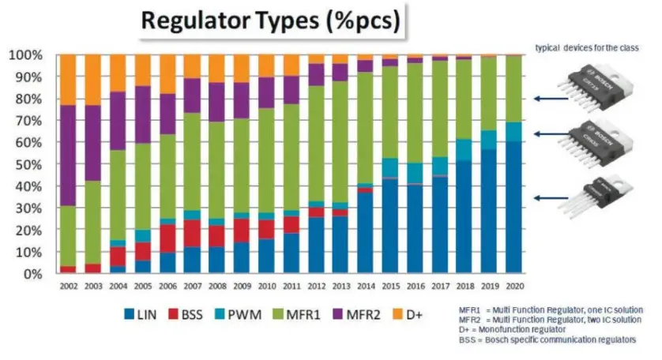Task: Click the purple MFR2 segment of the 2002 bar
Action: pyautogui.click(x=68, y=155)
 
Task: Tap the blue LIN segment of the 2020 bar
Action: pyautogui.click(x=513, y=207)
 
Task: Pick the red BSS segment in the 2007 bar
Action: pyautogui.click(x=192, y=233)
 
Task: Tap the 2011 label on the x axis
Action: pyautogui.click(x=292, y=285)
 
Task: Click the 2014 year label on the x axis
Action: pyautogui.click(x=366, y=285)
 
